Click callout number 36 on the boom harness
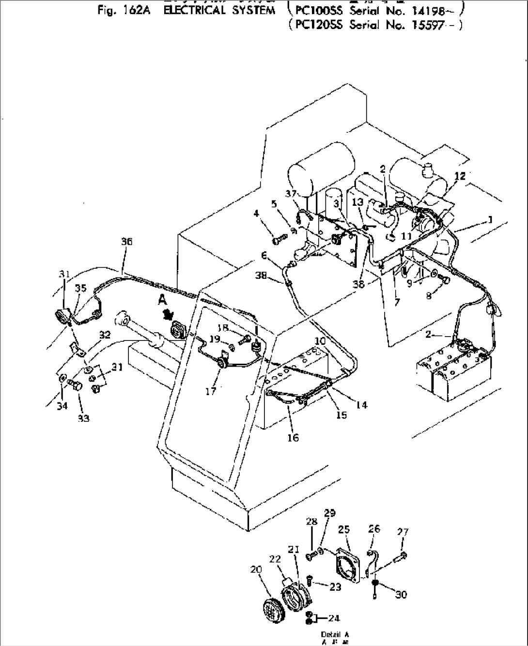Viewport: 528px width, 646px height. [x=126, y=242]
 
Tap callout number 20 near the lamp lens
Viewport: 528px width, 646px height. [x=256, y=569]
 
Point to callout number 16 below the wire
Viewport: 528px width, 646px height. [x=293, y=438]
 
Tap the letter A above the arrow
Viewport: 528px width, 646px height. [x=161, y=300]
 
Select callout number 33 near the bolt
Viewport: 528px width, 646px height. [x=83, y=418]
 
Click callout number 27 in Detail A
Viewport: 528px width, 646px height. [x=403, y=532]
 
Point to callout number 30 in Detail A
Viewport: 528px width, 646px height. [x=401, y=595]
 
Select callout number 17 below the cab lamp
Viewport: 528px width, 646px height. [x=210, y=391]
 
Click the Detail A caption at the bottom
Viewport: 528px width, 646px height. [x=334, y=634]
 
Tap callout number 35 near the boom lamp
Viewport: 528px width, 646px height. [x=80, y=288]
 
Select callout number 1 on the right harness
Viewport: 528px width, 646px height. [x=490, y=220]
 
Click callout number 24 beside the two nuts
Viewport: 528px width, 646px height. [x=334, y=618]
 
